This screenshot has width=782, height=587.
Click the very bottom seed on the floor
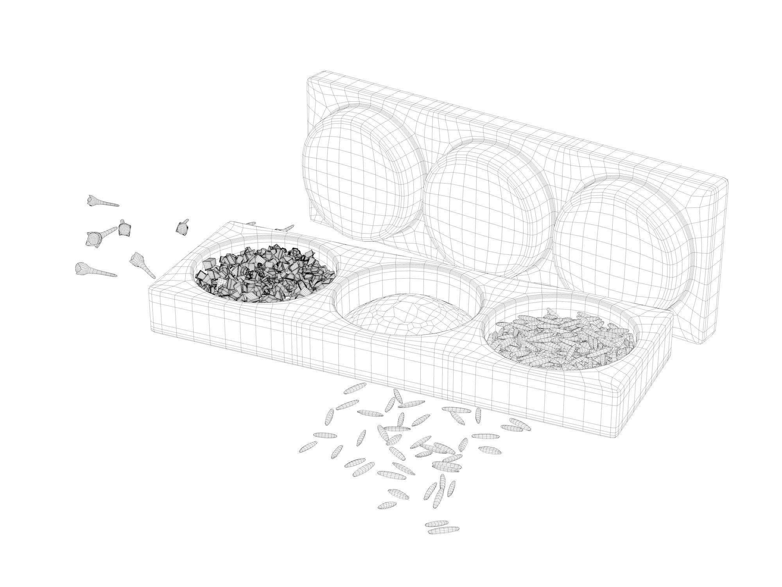443,531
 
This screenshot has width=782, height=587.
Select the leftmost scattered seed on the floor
313,447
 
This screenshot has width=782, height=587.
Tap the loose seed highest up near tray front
355,388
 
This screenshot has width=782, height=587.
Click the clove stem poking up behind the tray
287,228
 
